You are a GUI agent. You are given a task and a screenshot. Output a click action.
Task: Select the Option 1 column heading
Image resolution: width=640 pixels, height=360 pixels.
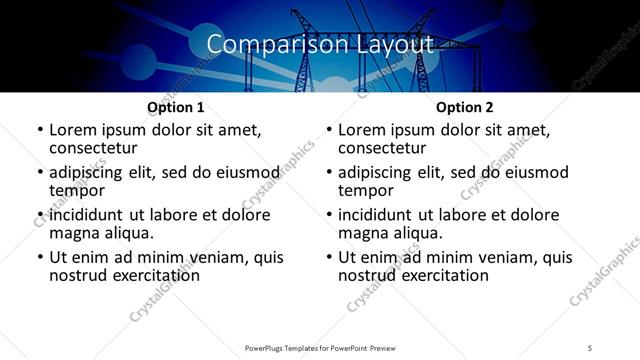[176, 107]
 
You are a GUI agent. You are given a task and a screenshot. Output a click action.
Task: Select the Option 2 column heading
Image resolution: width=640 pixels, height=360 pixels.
[465, 107]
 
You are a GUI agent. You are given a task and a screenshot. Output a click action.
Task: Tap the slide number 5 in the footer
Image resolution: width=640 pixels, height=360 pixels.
[590, 347]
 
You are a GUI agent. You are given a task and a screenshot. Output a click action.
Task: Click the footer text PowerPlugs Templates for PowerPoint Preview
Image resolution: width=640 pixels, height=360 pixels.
[319, 347]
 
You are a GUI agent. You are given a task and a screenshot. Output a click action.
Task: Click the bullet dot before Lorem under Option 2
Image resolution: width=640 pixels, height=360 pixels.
[329, 131]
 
